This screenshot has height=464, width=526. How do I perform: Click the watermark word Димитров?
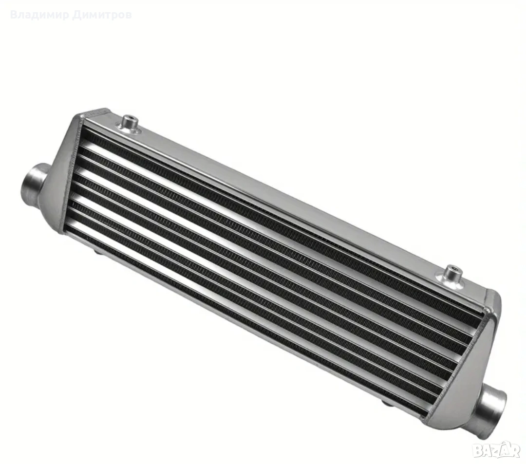pyautogui.click(x=102, y=15)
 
